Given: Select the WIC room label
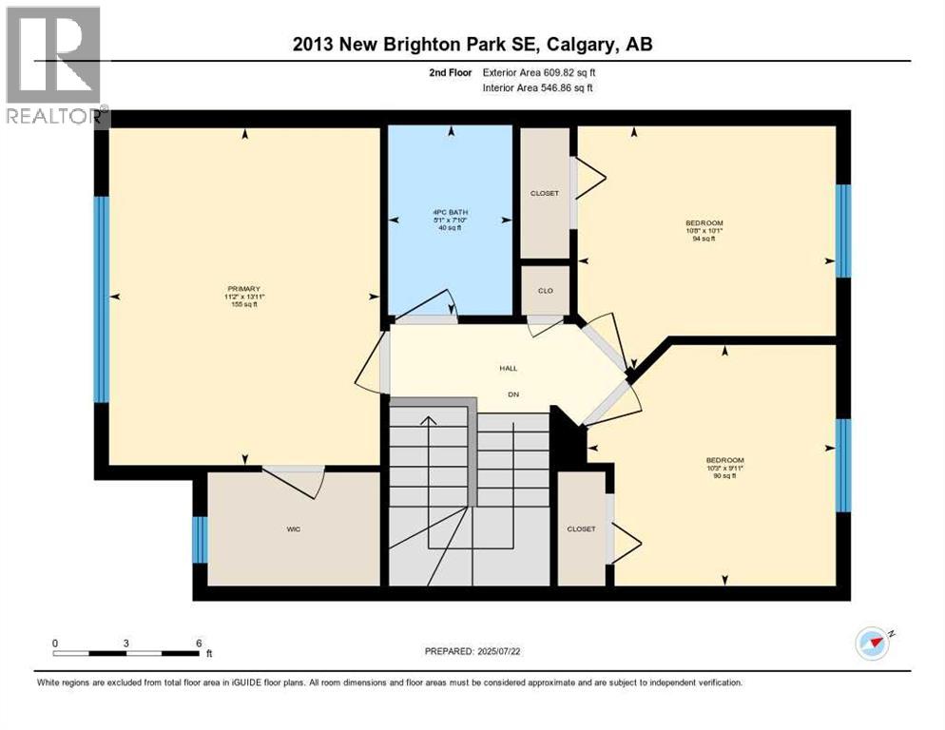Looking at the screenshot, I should pos(294,529).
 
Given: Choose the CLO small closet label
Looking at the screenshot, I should pos(546,291).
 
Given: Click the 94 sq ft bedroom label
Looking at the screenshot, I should pos(704,230).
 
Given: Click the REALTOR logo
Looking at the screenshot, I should pos(55,67).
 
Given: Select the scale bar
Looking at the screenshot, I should pos(126,653).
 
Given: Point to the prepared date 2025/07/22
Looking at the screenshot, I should pos(474,651).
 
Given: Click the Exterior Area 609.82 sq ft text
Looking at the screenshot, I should pos(541,72).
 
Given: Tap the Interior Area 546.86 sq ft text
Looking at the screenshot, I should pos(541,88).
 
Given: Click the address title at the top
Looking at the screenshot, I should pos(472,44).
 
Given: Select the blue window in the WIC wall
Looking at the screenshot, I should pos(199,540).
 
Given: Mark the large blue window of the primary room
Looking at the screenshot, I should pos(101,298).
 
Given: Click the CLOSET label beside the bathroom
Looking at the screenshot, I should pos(545,193).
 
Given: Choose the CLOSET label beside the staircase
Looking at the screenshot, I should pos(581,529).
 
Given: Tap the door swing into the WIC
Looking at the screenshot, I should pos(296,481).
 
